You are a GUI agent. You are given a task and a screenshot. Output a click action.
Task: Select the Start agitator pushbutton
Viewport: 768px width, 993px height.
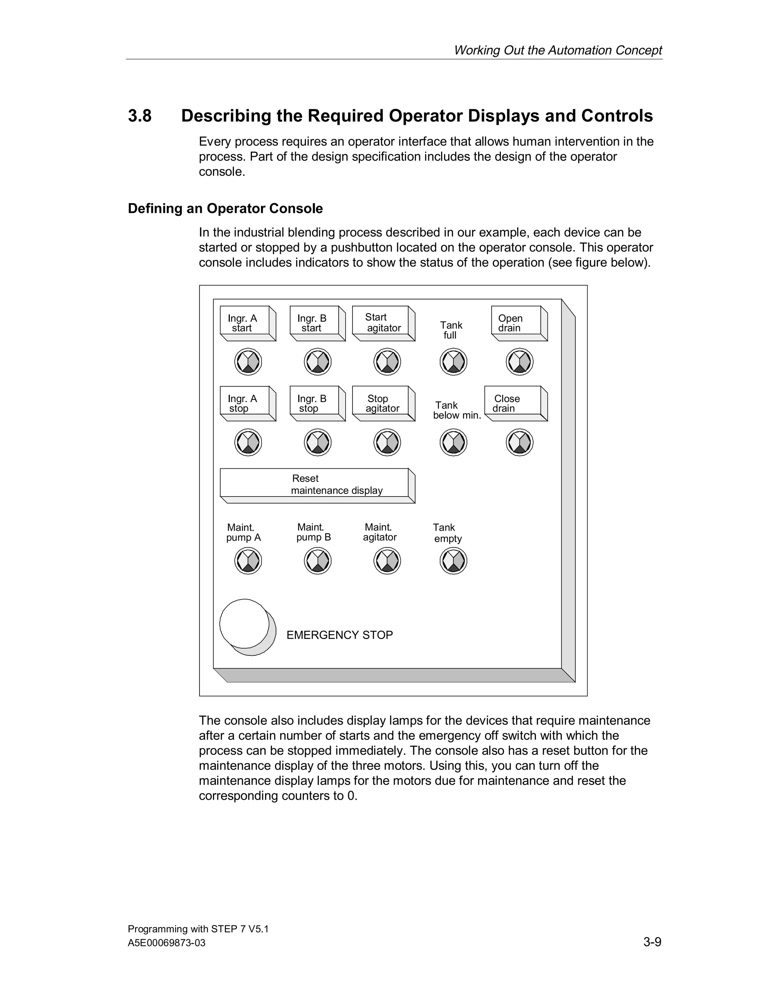pyautogui.click(x=381, y=321)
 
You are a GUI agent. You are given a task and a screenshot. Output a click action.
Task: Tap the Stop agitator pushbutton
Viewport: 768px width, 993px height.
pyautogui.click(x=381, y=401)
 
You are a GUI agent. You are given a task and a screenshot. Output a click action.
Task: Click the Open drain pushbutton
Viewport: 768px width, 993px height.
pyautogui.click(x=516, y=321)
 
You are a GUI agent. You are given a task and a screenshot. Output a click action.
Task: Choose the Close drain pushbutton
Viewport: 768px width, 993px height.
pyautogui.click(x=513, y=401)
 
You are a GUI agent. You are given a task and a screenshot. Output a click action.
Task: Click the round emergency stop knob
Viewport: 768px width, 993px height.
pyautogui.click(x=245, y=624)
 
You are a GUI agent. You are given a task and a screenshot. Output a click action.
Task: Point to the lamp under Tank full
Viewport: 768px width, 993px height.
pyautogui.click(x=453, y=362)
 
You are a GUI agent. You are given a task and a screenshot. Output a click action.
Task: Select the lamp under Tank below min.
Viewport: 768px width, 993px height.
pyautogui.click(x=453, y=443)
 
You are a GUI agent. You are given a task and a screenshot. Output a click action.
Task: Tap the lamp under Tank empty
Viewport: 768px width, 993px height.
pyautogui.click(x=453, y=561)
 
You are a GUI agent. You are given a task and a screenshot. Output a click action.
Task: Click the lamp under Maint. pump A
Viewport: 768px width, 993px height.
pyautogui.click(x=248, y=561)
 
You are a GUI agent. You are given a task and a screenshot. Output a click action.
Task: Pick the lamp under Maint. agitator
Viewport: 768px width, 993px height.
pyautogui.click(x=387, y=561)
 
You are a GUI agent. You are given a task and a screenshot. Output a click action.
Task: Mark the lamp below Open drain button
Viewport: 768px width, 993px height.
pyautogui.click(x=520, y=362)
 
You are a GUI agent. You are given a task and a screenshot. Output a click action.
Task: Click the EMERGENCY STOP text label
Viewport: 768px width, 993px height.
pyautogui.click(x=339, y=635)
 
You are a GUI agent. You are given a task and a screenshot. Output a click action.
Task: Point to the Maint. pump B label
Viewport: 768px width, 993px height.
pyautogui.click(x=313, y=532)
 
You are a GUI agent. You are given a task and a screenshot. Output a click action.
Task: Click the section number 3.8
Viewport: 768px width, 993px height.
pyautogui.click(x=139, y=116)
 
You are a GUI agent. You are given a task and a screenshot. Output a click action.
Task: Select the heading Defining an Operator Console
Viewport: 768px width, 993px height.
pyautogui.click(x=225, y=209)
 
